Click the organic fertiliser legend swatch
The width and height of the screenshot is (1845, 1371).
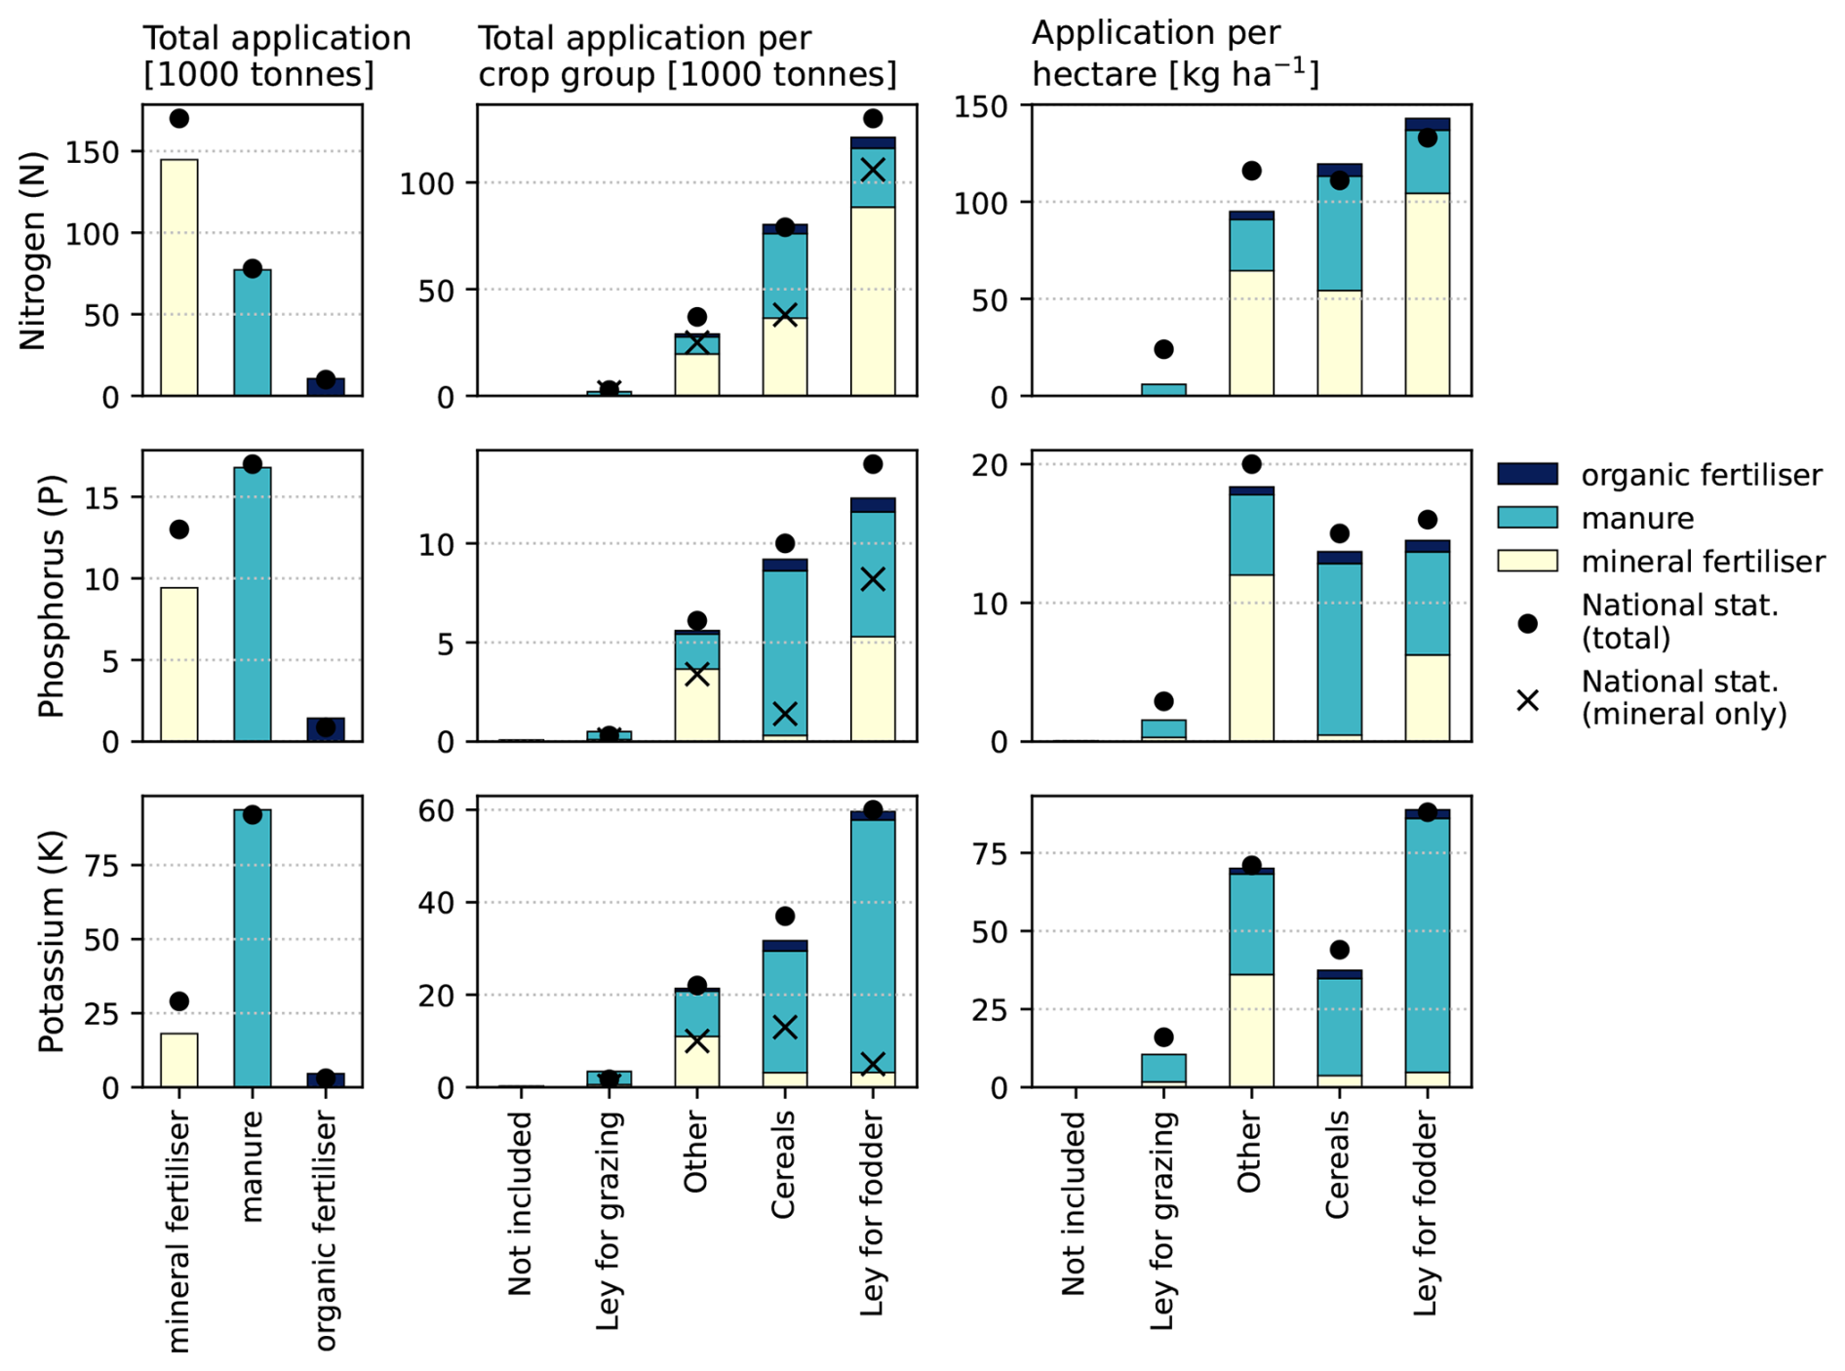point(1527,475)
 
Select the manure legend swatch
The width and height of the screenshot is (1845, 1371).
point(1527,518)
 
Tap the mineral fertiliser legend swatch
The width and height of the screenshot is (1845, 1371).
point(1527,561)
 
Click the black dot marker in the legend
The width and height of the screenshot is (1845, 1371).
point(1528,623)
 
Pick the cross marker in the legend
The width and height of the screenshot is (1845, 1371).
point(1528,699)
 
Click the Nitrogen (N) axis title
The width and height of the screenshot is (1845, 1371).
point(34,251)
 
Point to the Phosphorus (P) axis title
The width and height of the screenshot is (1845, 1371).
point(51,595)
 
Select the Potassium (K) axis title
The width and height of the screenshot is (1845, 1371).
point(51,941)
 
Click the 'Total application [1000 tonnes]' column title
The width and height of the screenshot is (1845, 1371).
point(277,57)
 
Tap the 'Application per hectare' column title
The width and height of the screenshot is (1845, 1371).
point(1175,54)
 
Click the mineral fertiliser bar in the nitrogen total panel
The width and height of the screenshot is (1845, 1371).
point(179,278)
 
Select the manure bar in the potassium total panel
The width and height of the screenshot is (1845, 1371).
point(253,948)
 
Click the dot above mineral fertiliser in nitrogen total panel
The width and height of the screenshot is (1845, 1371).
point(179,119)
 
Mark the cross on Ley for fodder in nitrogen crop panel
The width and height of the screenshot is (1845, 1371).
point(873,170)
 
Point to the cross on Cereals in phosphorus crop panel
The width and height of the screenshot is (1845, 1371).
point(785,714)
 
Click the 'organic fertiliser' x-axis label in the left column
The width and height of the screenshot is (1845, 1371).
point(326,1233)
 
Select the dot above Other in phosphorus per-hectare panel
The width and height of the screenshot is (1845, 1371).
point(1251,464)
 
